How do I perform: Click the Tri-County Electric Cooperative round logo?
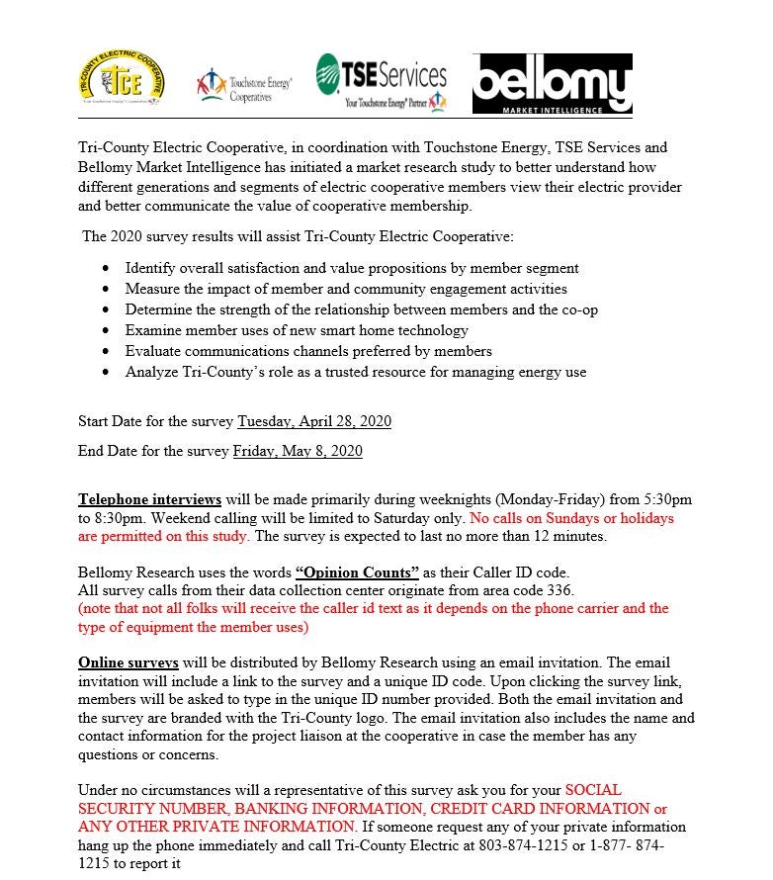[121, 80]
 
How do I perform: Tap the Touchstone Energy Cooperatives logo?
[243, 85]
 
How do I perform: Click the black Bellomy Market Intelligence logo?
[552, 84]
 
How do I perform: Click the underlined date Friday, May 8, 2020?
[298, 451]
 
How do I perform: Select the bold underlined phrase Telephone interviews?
[149, 499]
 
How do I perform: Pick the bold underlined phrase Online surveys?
[129, 661]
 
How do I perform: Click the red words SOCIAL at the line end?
[593, 790]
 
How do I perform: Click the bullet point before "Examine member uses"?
[107, 331]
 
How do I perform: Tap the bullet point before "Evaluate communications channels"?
[107, 352]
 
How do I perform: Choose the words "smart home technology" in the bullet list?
[391, 330]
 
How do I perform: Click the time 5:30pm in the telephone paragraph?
[665, 499]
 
